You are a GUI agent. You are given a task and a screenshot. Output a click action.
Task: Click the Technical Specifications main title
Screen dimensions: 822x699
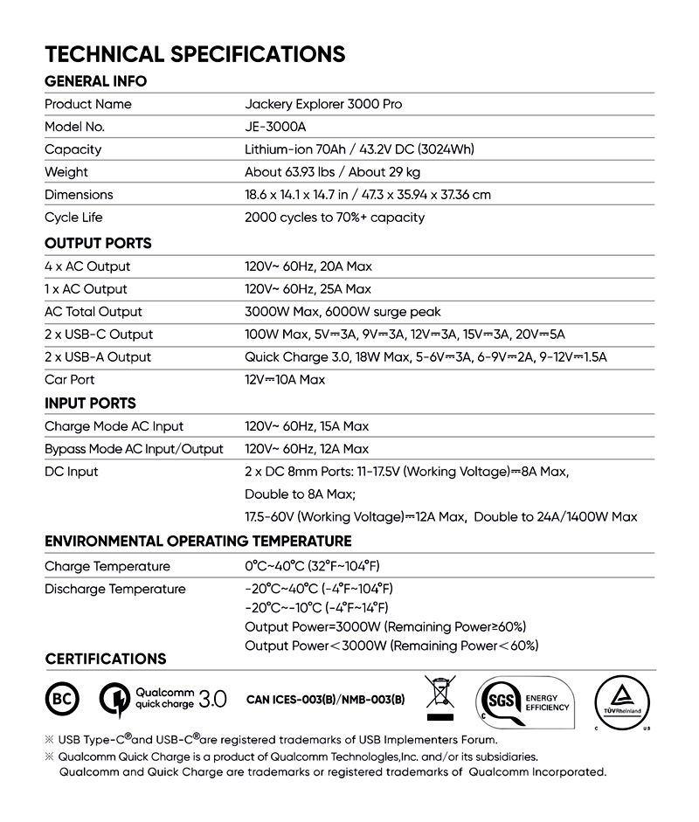click(195, 53)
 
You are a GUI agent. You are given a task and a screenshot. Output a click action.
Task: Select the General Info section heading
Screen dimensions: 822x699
click(95, 81)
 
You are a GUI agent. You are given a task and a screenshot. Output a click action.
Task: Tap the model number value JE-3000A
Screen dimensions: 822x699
click(275, 127)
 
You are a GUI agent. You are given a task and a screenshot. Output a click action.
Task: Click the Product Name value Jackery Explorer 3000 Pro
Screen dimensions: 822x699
click(323, 104)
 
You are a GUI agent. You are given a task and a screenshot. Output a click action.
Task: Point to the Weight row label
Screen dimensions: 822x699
click(66, 172)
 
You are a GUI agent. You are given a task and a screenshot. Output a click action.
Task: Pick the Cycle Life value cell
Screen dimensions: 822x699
click(335, 218)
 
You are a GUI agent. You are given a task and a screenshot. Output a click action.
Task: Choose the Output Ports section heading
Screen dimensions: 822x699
click(98, 243)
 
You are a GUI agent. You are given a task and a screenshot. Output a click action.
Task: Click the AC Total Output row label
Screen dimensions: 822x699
click(93, 312)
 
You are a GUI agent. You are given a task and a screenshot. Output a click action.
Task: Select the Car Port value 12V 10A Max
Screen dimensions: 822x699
click(284, 380)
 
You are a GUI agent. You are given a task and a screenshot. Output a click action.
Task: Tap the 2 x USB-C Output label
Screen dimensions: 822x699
click(99, 335)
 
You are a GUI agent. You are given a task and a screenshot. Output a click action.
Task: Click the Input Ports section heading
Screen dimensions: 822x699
click(90, 403)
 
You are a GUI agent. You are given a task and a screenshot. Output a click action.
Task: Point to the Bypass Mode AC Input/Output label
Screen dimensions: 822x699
click(134, 449)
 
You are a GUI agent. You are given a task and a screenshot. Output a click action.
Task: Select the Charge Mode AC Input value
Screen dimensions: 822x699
click(307, 426)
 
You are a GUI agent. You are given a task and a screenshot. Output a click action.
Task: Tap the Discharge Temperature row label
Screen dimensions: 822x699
click(115, 589)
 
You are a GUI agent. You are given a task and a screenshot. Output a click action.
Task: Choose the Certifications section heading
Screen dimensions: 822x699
click(105, 658)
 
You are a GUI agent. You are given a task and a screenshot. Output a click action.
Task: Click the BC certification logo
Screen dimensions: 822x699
click(62, 699)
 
